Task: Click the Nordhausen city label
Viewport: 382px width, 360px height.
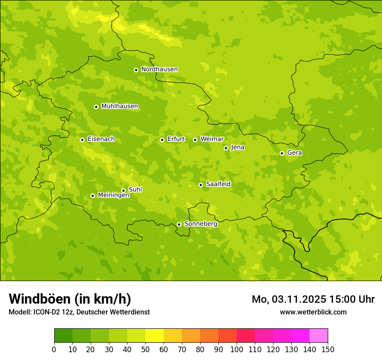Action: tap(159, 69)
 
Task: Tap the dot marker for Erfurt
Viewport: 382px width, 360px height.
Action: tap(162, 140)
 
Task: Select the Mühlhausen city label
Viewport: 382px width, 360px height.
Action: tap(119, 106)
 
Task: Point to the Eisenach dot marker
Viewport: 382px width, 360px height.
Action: tap(82, 140)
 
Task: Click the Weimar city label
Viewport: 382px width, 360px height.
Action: tap(212, 139)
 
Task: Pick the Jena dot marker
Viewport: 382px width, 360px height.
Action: tap(226, 148)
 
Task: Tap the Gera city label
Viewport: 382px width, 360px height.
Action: tap(294, 153)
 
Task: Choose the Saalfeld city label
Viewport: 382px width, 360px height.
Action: tap(218, 184)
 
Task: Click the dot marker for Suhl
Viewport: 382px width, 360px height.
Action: tap(123, 190)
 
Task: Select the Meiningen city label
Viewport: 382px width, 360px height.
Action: tap(113, 196)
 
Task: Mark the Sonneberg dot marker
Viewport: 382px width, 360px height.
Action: tap(179, 224)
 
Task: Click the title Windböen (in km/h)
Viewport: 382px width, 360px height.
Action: tap(70, 299)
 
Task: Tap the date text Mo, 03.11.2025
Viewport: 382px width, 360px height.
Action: tap(289, 299)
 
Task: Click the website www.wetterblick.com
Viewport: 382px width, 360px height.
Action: tap(313, 312)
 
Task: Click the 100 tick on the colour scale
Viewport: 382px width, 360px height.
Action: tap(237, 349)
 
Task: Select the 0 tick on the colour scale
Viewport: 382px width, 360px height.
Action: tap(54, 349)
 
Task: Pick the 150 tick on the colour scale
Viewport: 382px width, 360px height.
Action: tap(328, 349)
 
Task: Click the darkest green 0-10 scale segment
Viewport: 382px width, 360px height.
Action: tap(63, 336)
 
